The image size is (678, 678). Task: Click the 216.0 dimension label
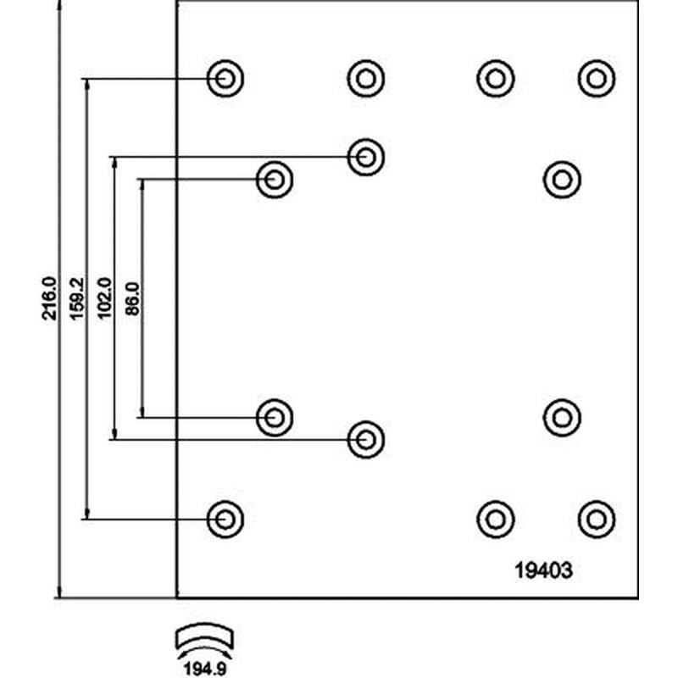coord(49,298)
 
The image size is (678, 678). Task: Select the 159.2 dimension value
coord(76,298)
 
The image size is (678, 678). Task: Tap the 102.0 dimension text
coord(104,298)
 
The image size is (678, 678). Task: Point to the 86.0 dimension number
coord(132,299)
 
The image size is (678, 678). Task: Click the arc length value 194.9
coord(205,669)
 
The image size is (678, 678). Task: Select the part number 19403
coord(543,570)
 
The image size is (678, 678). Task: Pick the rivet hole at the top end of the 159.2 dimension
coord(225,79)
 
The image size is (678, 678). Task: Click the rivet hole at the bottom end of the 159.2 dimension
coord(225,519)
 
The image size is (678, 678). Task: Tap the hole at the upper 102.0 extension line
coord(366,157)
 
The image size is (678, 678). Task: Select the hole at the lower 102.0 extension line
coord(366,439)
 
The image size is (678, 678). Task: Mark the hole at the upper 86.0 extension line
coord(275,180)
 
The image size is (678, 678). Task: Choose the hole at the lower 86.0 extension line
coord(275,418)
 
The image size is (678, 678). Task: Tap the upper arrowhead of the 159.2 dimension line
coord(87,84)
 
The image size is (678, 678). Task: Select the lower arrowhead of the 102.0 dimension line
coord(114,434)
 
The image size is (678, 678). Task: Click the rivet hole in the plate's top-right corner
coord(597,79)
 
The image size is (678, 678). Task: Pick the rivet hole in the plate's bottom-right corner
coord(597,519)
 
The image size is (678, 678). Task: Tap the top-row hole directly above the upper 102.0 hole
coord(366,79)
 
